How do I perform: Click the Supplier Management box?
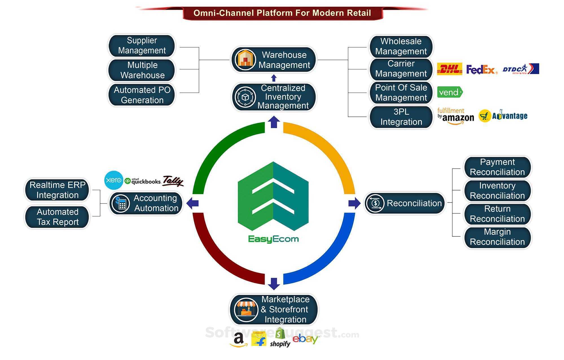[142, 45]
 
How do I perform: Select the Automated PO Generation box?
[142, 95]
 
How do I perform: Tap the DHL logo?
[449, 69]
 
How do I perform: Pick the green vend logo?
[450, 92]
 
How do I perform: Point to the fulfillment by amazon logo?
[455, 116]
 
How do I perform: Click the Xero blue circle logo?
[113, 180]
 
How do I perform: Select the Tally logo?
[173, 181]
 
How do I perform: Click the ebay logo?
[305, 339]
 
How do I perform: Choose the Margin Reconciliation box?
[497, 237]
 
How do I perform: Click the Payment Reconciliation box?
[497, 167]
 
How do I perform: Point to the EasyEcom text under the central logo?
[273, 239]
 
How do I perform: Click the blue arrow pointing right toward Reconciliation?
[354, 203]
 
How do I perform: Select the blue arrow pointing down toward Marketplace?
[274, 283]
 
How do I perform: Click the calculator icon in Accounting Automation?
[121, 203]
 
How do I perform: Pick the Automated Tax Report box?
[57, 217]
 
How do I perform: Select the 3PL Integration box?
[401, 117]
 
